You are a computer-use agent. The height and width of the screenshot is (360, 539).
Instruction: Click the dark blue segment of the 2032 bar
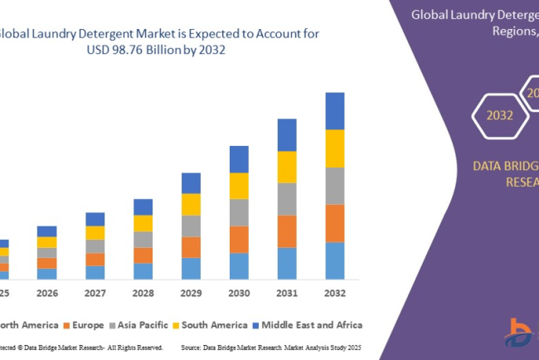click(335, 110)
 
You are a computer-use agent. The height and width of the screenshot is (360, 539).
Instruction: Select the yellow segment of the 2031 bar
click(287, 167)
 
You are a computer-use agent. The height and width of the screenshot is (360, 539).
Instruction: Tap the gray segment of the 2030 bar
click(239, 212)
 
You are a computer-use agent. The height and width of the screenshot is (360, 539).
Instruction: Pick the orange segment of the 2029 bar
click(191, 247)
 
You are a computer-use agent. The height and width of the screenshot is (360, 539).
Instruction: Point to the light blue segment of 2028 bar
click(143, 270)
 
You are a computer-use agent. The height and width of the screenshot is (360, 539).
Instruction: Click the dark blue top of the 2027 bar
click(95, 219)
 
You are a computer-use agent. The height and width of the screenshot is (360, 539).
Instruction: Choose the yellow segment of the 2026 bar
click(47, 242)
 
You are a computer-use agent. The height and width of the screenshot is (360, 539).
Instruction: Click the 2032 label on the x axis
click(335, 293)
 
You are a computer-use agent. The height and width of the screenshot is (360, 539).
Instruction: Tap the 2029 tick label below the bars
click(191, 293)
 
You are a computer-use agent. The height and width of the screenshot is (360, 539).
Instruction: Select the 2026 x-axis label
click(47, 293)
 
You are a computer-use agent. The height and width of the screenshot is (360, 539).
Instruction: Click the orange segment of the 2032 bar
click(335, 222)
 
